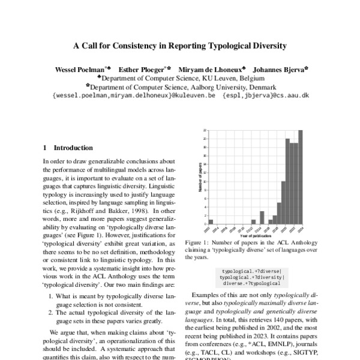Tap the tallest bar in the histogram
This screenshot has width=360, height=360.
tap(301, 177)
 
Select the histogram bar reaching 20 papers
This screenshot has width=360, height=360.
tap(288, 181)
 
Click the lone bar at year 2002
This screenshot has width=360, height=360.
tap(211, 222)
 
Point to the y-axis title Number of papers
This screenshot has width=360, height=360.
tap(199, 177)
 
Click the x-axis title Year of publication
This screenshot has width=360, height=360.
tap(255, 235)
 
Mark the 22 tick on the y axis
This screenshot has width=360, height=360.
tap(205, 130)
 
